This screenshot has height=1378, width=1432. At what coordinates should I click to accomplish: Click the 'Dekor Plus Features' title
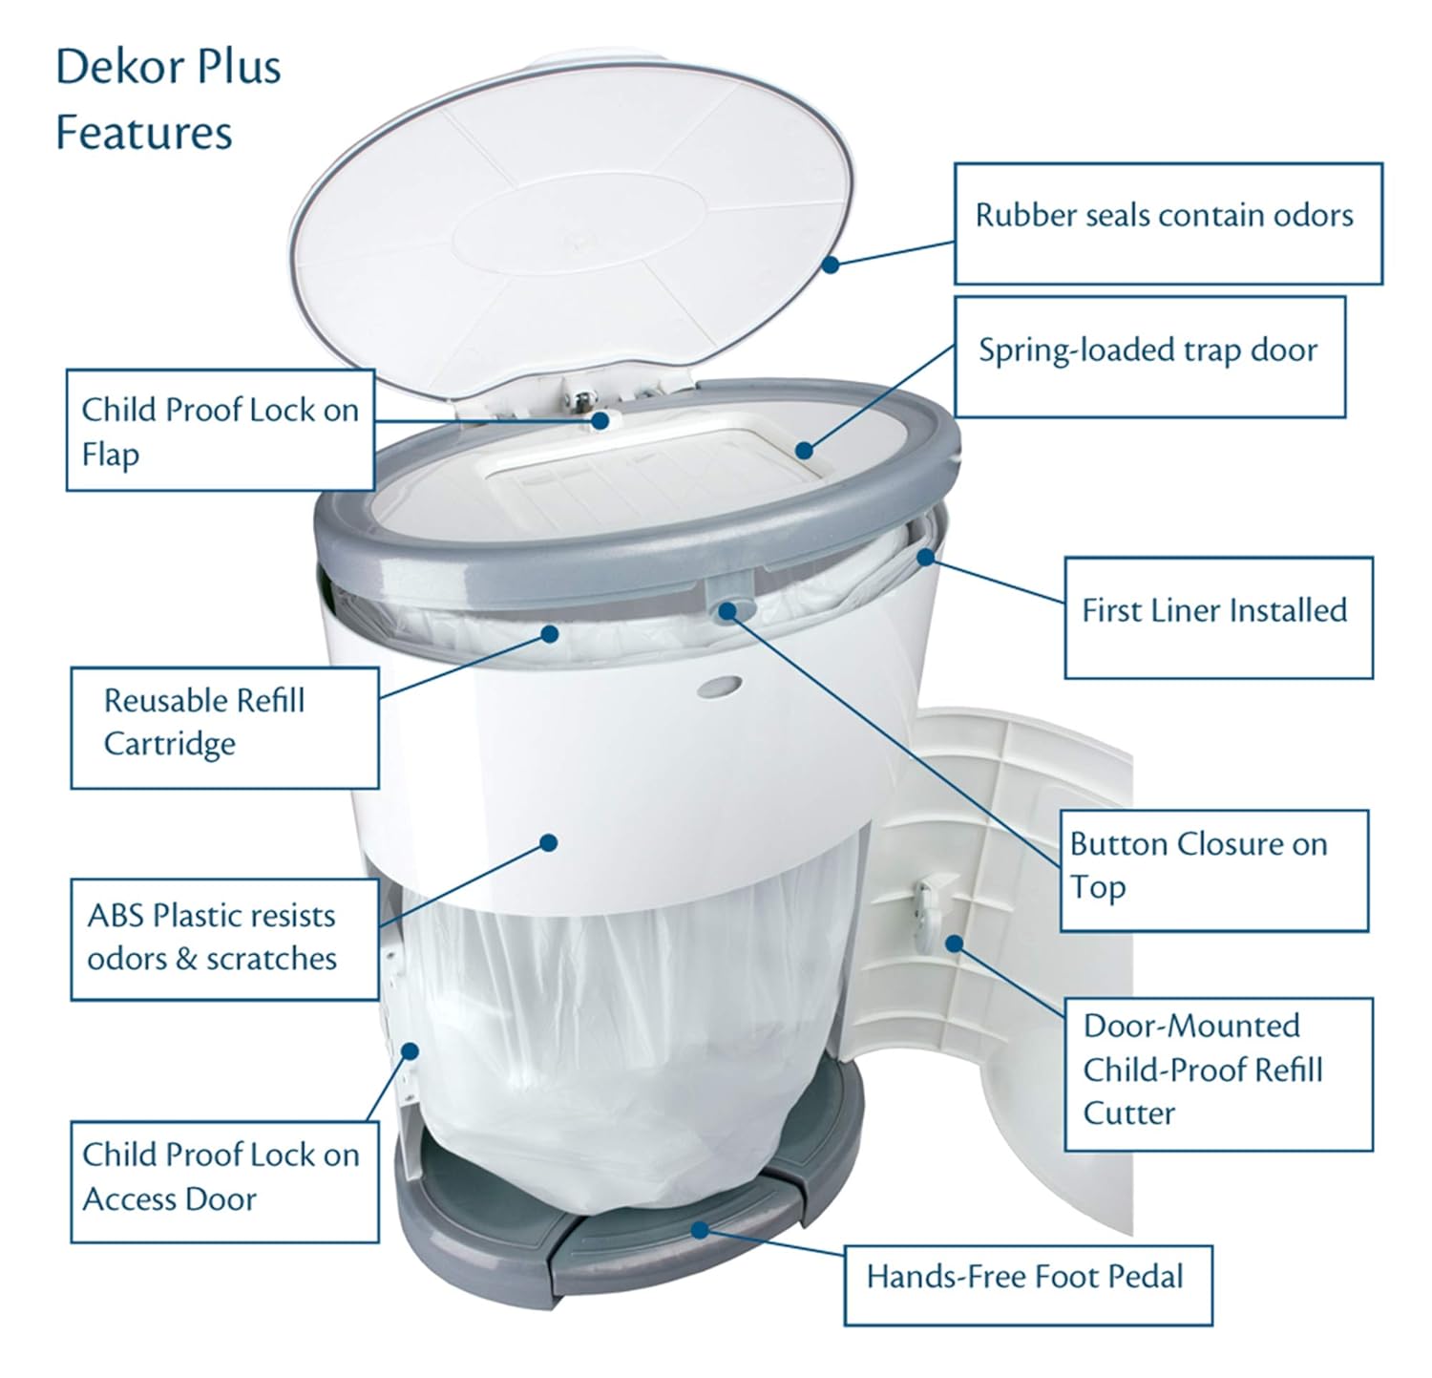(x=168, y=99)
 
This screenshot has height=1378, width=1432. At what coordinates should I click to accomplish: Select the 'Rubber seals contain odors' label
(x=1168, y=223)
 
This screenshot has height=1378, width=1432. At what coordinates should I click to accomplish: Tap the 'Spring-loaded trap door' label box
(x=1149, y=356)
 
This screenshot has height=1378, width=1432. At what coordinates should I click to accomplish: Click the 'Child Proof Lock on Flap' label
(x=220, y=431)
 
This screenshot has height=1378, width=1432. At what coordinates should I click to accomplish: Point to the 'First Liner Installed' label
(x=1217, y=617)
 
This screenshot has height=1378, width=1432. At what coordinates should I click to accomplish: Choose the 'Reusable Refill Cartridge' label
(x=224, y=728)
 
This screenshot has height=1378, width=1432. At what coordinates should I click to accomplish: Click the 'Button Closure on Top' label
(x=1213, y=870)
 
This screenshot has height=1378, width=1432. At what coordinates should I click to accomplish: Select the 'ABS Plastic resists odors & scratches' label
(x=224, y=939)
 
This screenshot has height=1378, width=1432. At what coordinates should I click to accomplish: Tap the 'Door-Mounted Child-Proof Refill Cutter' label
(x=1217, y=1073)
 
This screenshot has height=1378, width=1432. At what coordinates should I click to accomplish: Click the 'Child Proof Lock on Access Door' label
(x=224, y=1180)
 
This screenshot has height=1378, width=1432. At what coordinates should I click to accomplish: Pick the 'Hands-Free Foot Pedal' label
(x=1027, y=1284)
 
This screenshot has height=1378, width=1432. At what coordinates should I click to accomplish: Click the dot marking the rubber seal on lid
(x=831, y=265)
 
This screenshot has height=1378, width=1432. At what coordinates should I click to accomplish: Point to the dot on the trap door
(x=805, y=450)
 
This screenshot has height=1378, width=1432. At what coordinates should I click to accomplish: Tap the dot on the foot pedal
(x=700, y=1229)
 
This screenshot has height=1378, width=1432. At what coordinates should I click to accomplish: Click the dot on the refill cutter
(x=954, y=943)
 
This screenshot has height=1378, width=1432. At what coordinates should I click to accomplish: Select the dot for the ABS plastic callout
(x=548, y=842)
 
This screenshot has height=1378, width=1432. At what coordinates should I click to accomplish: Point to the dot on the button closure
(x=728, y=610)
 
